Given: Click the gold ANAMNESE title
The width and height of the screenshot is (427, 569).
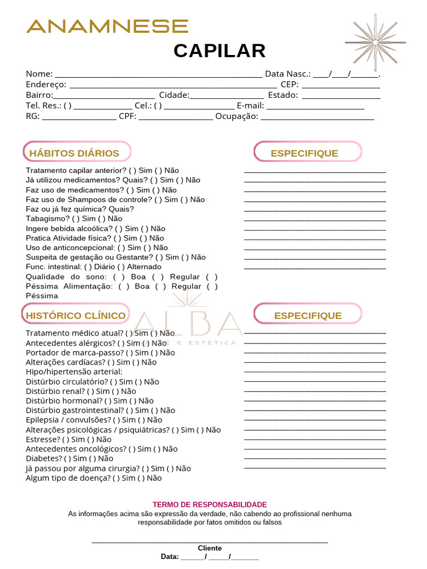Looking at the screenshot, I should (107, 26).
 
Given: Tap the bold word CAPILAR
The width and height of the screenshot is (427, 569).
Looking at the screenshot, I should (220, 51).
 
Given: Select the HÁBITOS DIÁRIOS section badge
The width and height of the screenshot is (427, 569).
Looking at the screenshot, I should (77, 153).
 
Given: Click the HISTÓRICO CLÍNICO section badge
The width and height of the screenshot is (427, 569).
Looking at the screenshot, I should (76, 316).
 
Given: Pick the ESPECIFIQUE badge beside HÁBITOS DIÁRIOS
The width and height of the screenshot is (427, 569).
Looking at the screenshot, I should (307, 153).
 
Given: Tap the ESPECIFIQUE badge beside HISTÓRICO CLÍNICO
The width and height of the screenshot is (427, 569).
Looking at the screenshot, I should (307, 316).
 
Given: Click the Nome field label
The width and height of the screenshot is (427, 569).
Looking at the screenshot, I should (39, 74).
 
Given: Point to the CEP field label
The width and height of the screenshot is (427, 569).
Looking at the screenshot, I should (289, 84).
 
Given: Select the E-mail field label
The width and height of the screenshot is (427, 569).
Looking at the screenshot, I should (250, 106).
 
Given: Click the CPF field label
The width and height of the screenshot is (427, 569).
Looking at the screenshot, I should (127, 116).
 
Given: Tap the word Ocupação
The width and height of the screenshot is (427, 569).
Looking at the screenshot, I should (236, 116).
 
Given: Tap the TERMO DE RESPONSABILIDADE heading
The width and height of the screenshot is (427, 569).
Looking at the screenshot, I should (210, 505).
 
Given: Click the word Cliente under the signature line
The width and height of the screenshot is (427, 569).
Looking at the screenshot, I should (210, 548).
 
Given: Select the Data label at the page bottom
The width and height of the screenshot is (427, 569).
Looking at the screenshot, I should (170, 556).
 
